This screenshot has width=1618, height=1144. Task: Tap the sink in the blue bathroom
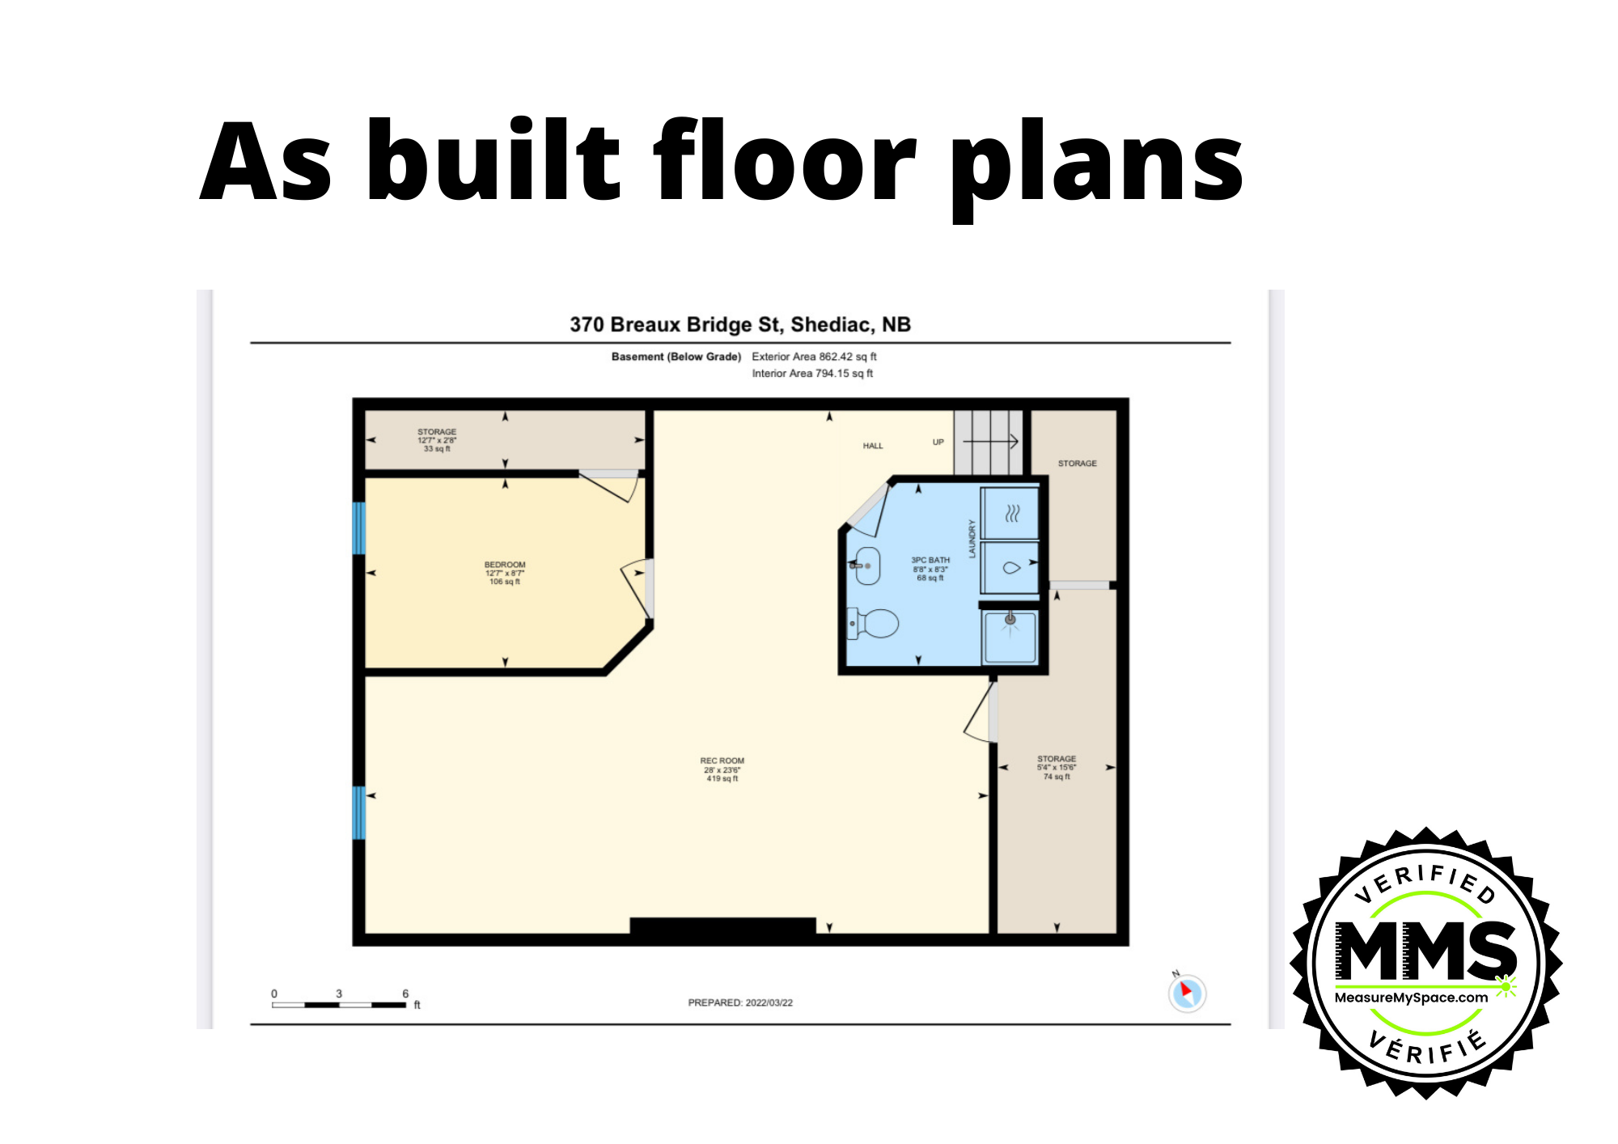pos(866,566)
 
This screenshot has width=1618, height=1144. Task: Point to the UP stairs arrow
pos(991,442)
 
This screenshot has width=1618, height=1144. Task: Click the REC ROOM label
pos(722,761)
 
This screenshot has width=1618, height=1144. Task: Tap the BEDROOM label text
pos(505,565)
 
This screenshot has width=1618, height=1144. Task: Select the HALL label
pos(873,446)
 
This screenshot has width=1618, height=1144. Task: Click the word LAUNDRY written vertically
pos(972,539)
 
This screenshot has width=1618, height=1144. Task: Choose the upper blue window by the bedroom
pos(359,528)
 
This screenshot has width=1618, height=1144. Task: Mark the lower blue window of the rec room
pos(359,812)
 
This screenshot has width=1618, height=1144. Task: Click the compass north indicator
pos(1187,993)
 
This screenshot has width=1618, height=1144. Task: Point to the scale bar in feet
pos(340,1004)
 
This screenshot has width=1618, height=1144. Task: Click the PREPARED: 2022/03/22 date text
pos(740,1002)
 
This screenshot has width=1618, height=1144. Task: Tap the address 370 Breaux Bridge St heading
pos(740,324)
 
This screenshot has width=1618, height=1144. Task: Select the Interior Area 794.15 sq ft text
pos(812,373)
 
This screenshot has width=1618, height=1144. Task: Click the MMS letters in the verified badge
pos(1425,951)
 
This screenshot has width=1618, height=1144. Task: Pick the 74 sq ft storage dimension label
pos(1057,777)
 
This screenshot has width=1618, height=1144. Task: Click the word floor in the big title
pos(785,162)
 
